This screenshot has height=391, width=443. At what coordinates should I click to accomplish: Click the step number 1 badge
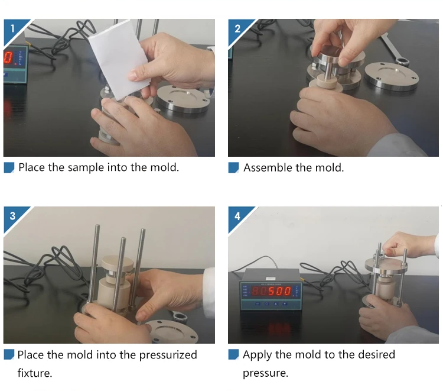pyautogui.click(x=13, y=28)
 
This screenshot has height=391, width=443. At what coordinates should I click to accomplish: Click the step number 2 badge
pyautogui.click(x=237, y=28)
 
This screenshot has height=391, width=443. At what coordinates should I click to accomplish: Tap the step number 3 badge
pyautogui.click(x=13, y=216)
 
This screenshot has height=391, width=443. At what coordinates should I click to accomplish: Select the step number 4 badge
pyautogui.click(x=237, y=216)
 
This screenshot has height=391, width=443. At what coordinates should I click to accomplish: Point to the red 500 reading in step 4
pyautogui.click(x=280, y=291)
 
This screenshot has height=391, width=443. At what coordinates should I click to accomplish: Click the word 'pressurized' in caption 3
pyautogui.click(x=168, y=356)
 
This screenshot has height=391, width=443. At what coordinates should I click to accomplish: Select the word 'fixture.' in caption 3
pyautogui.click(x=35, y=373)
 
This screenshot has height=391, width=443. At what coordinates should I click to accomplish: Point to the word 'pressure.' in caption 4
pyautogui.click(x=266, y=373)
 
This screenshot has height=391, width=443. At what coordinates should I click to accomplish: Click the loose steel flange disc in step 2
pyautogui.click(x=392, y=76)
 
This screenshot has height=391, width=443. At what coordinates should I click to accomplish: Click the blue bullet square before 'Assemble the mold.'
pyautogui.click(x=233, y=167)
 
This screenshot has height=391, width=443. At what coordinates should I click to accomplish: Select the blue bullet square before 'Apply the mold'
pyautogui.click(x=233, y=354)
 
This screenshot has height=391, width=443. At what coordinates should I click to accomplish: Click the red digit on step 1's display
pyautogui.click(x=8, y=58)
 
